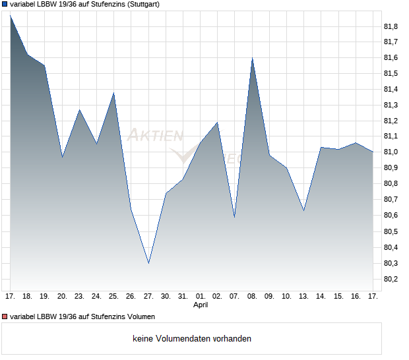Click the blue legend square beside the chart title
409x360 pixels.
5,4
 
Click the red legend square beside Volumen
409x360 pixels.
5,316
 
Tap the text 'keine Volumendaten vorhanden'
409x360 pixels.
192,339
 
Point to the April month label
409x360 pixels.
201,305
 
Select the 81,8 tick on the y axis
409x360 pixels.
391,26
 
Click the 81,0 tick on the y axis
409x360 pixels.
391,152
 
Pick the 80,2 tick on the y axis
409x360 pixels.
391,279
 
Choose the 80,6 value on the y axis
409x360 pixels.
391,216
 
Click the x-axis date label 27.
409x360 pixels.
148,297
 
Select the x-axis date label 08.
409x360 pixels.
252,297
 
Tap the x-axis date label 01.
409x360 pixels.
201,297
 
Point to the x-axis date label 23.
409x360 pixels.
79,297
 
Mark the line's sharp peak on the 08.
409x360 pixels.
252,58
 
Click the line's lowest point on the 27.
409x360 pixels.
148,263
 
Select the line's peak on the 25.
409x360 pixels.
114,93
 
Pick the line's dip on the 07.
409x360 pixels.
235,217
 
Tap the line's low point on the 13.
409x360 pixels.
303,210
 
